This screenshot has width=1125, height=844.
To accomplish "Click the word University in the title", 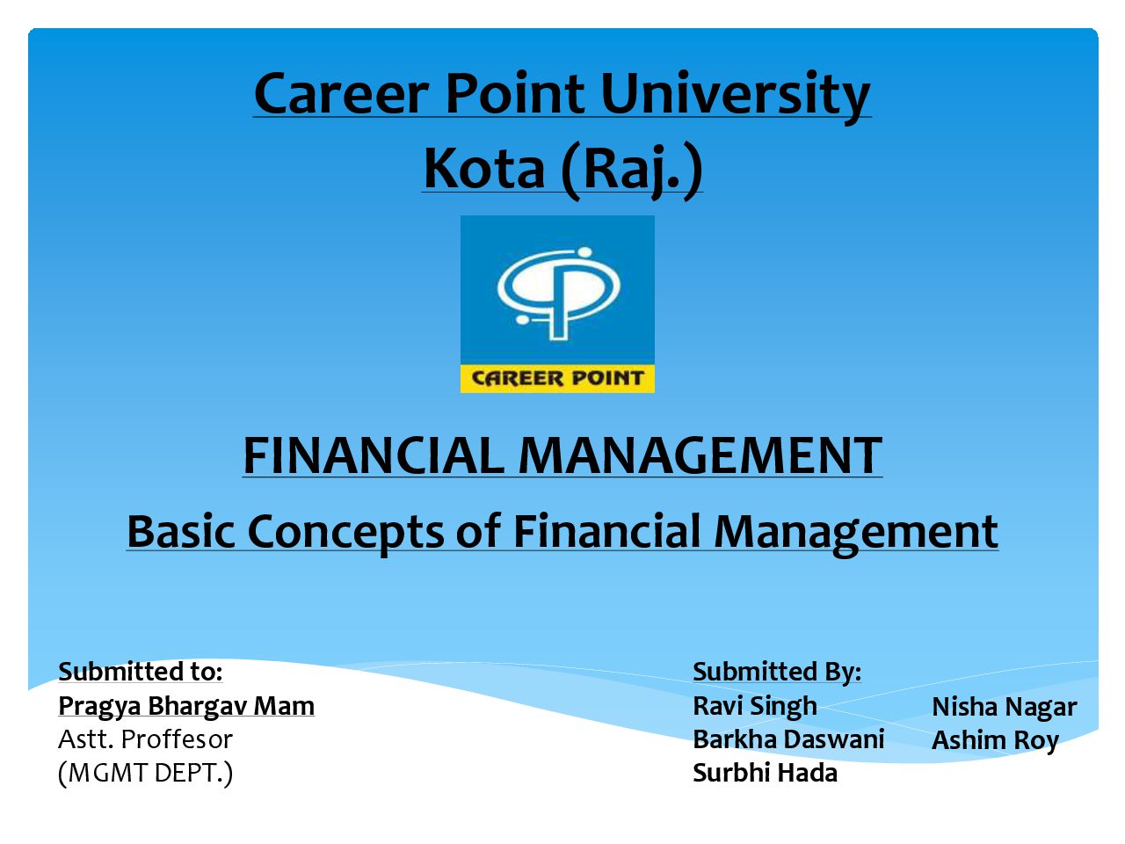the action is [x=736, y=96].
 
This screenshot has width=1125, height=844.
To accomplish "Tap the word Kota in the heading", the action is [x=484, y=169].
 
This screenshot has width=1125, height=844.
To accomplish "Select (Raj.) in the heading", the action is [x=631, y=171].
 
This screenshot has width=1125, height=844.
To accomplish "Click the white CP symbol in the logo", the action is [x=559, y=293].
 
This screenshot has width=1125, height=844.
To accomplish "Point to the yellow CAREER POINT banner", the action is [x=557, y=378].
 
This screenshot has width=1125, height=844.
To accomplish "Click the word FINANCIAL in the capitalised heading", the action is [x=374, y=455].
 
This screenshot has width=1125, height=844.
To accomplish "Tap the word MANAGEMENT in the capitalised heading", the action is [x=700, y=455].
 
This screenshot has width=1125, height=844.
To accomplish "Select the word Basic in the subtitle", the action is [x=181, y=531].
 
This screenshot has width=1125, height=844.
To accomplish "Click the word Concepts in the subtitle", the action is [x=346, y=533].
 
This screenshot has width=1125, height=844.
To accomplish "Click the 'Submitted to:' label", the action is [x=141, y=672].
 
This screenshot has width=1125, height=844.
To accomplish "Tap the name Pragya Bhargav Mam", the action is [x=186, y=707].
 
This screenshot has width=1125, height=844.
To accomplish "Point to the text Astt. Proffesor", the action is [x=146, y=739].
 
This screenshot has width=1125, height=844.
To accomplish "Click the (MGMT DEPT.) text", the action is [x=146, y=774].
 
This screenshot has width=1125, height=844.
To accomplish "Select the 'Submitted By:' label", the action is [x=777, y=673].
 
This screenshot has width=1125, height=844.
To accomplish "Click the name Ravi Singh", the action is [x=755, y=707].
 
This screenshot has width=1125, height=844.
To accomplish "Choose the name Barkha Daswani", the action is [x=788, y=739].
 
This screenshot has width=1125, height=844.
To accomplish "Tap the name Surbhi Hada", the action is [x=766, y=773].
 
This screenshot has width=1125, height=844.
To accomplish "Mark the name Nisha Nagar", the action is [x=1005, y=708].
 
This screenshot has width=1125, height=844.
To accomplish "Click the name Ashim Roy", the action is [x=995, y=741].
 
